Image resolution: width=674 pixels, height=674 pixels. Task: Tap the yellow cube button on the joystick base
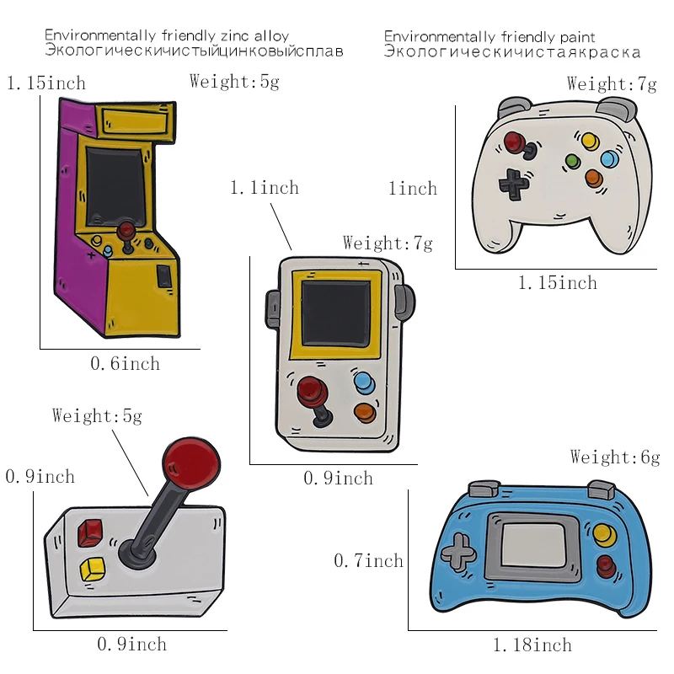90,570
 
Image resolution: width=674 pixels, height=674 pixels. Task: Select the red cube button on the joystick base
88,532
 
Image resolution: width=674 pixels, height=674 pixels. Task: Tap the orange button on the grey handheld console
365,413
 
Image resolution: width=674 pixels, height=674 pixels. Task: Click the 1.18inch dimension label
532,646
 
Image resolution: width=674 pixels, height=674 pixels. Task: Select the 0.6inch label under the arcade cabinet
125,364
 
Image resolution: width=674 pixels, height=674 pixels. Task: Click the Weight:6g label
614,457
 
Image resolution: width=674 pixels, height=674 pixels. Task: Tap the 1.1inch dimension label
265,188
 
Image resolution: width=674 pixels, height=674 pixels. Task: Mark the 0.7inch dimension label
369,560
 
